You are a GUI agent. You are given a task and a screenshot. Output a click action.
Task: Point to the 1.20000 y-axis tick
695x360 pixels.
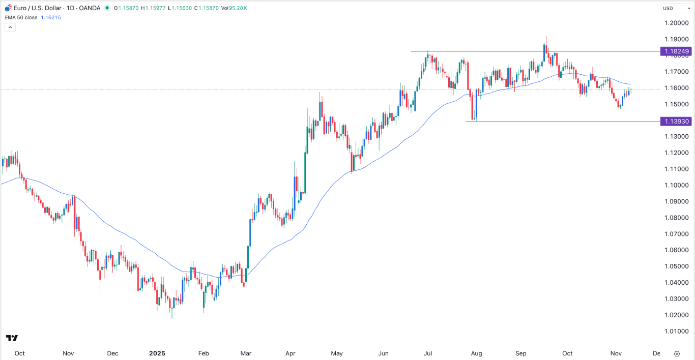pyautogui.click(x=676, y=23)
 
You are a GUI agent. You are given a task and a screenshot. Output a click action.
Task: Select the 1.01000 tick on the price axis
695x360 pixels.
pyautogui.click(x=676, y=332)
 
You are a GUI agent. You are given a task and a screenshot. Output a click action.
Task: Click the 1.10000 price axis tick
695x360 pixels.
pyautogui.click(x=676, y=185)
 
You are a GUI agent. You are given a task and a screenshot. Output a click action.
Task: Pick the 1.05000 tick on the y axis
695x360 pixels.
pyautogui.click(x=676, y=266)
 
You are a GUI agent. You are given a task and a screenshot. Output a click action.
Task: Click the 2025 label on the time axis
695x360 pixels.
pyautogui.click(x=157, y=353)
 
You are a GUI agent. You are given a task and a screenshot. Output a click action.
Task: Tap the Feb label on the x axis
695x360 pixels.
pyautogui.click(x=203, y=353)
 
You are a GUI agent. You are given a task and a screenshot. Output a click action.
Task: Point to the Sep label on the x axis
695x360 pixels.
pyautogui.click(x=521, y=353)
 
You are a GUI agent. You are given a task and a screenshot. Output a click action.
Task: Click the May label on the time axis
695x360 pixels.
pyautogui.click(x=337, y=353)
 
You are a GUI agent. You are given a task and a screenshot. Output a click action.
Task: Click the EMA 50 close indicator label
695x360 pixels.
pyautogui.click(x=21, y=17)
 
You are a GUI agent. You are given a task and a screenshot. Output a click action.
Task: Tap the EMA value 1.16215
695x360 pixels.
pyautogui.click(x=51, y=17)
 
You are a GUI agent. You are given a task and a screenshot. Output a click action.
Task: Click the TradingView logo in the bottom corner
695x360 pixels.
pyautogui.click(x=12, y=338)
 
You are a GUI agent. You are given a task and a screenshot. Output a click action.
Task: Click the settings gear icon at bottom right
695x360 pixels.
pyautogui.click(x=677, y=353)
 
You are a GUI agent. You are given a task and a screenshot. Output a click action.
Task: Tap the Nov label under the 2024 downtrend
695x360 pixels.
pyautogui.click(x=68, y=353)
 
